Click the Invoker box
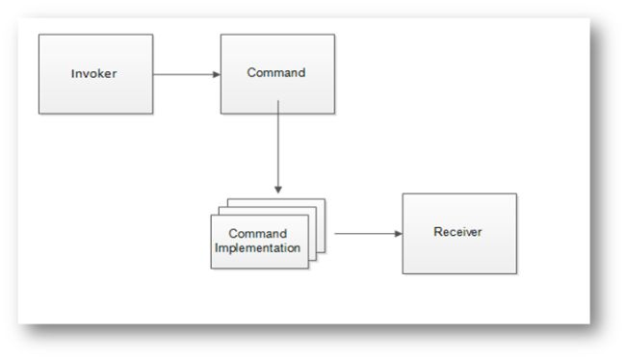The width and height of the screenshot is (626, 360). tap(95, 74)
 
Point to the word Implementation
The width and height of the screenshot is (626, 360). tap(259, 248)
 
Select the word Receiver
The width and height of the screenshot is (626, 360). tap(457, 233)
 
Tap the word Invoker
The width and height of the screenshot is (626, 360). tap(94, 74)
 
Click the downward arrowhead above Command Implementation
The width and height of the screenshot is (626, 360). tap(277, 190)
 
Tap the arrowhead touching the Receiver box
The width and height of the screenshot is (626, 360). tap(397, 233)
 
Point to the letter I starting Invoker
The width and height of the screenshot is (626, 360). tap(73, 74)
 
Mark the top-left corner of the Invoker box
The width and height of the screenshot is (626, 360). tap(39, 35)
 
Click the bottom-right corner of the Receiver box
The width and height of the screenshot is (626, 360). tap(516, 273)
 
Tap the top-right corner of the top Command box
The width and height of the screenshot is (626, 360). tap(334, 35)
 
